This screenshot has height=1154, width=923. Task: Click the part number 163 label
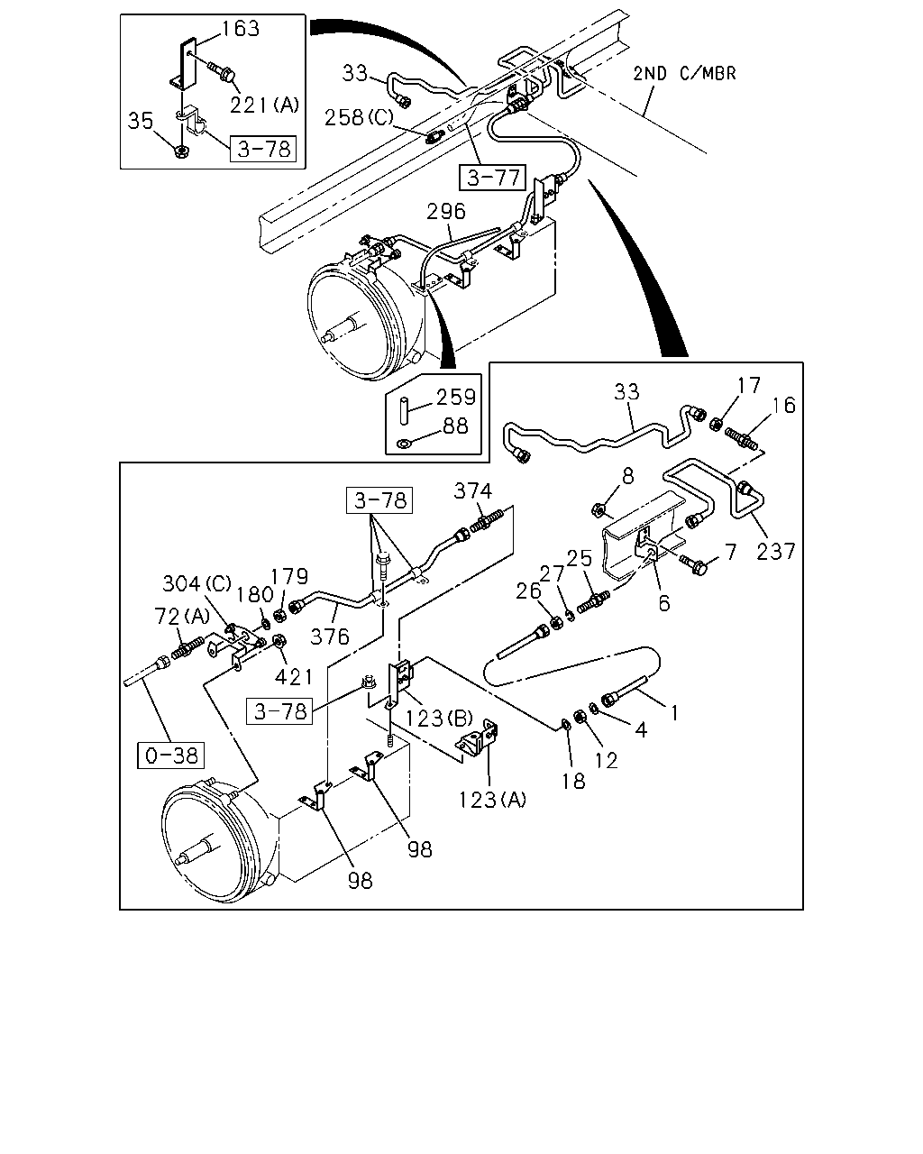[241, 29]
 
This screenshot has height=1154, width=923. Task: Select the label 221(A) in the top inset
[264, 105]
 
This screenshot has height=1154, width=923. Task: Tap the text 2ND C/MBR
[684, 73]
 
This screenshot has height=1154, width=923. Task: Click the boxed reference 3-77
[492, 178]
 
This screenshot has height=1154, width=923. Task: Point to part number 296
[445, 211]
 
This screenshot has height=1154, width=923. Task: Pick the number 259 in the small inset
[456, 397]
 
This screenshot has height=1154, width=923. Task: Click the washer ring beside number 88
[403, 444]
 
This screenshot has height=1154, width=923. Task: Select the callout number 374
[472, 490]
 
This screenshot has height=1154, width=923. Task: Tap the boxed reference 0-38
[170, 756]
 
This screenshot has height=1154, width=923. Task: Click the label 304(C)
[196, 583]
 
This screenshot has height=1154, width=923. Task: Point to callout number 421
[293, 677]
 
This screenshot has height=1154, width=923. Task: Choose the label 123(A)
[492, 800]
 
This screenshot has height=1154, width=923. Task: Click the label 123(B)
[439, 718]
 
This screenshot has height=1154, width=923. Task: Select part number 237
[775, 551]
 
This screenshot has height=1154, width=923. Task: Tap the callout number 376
[330, 637]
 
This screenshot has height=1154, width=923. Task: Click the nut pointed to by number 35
[182, 151]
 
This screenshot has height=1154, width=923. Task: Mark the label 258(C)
[359, 117]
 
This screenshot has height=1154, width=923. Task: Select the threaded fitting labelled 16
[741, 439]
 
